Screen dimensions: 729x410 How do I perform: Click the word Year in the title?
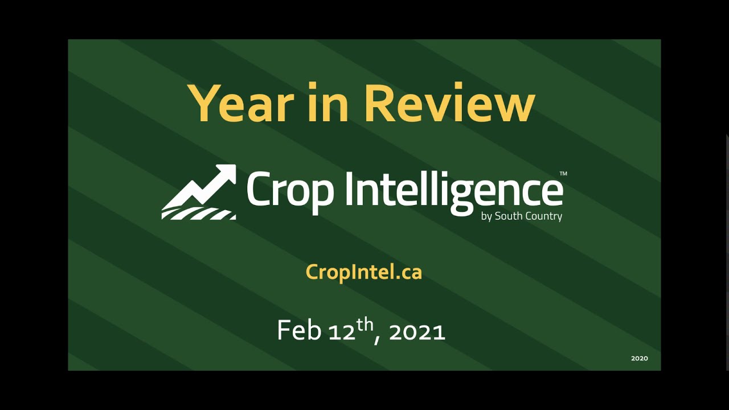(241, 103)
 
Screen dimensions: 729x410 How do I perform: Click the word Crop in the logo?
(290, 192)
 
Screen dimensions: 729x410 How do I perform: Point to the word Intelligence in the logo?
(454, 192)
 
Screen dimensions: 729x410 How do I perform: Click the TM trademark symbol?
(563, 174)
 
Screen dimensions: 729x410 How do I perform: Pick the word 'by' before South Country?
(486, 217)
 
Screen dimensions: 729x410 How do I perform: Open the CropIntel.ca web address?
(364, 272)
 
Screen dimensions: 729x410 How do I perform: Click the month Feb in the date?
(299, 330)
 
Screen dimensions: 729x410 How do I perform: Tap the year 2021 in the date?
(417, 333)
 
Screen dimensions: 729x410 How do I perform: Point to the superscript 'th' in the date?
(365, 325)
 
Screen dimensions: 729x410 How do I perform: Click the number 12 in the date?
(342, 333)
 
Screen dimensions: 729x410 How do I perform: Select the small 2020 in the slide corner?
(640, 359)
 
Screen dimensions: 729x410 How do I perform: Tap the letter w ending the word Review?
(514, 108)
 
